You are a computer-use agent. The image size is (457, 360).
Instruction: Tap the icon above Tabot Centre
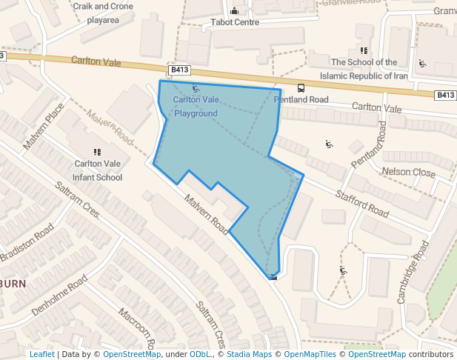click(235, 10)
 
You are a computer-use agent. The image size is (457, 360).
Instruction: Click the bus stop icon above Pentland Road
click(300, 89)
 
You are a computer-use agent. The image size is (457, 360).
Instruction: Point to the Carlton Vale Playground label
click(196, 106)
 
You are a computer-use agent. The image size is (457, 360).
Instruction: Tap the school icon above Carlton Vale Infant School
click(97, 151)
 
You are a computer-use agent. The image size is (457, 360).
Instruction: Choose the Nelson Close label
click(408, 172)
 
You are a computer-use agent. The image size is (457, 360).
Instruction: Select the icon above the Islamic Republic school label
click(363, 50)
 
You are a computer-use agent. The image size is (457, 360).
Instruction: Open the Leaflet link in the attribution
click(41, 354)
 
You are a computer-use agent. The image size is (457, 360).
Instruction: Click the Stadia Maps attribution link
click(249, 354)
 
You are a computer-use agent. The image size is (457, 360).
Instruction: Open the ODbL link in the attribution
click(200, 354)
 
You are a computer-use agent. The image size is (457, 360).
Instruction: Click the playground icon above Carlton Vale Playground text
click(196, 89)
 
